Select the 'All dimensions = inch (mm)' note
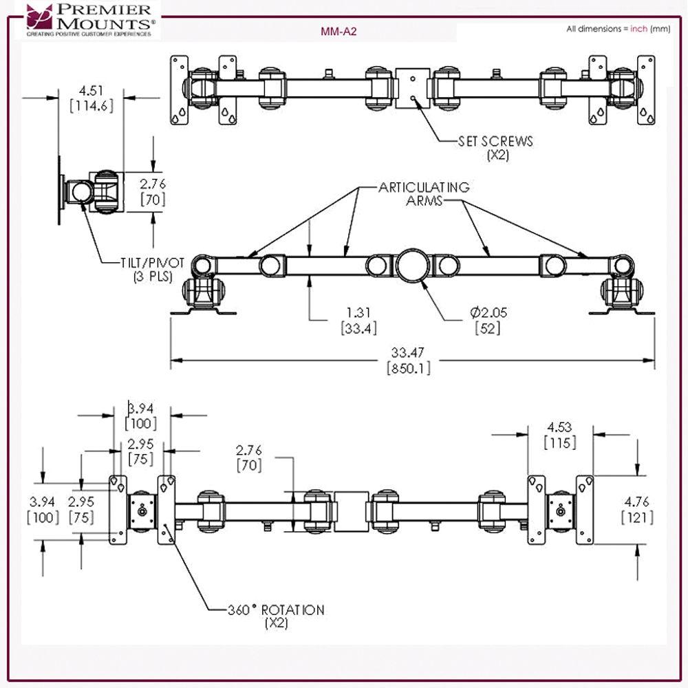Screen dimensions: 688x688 (x=618, y=29)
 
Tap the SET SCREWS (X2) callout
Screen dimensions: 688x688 (x=495, y=147)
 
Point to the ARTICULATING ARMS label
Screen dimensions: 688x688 (x=423, y=193)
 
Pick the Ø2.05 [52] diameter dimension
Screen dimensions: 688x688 (x=486, y=320)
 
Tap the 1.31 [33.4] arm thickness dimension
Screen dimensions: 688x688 (x=358, y=320)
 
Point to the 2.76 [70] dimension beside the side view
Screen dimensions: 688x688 (x=153, y=191)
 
